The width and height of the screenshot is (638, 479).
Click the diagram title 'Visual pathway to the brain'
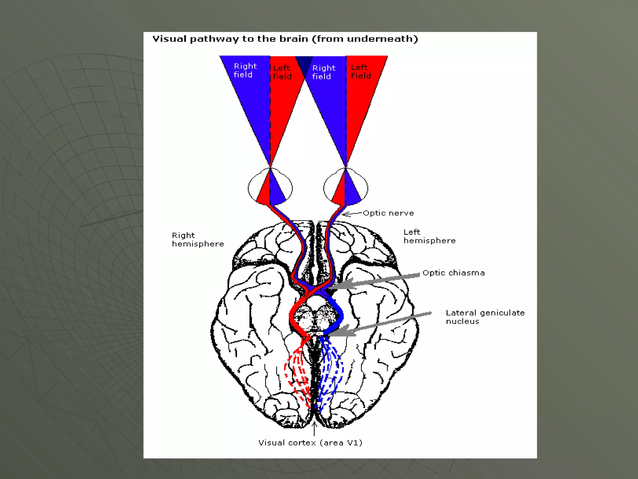pos(285,39)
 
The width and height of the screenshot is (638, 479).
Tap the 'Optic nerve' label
pos(388,213)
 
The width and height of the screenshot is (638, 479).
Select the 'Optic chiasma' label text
pos(454,273)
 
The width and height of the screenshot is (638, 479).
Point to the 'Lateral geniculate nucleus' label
pos(485,317)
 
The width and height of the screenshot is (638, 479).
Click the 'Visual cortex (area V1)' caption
pos(310,443)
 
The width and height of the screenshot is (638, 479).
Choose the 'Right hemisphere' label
pos(198,239)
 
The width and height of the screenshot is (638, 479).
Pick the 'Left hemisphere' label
pos(429,236)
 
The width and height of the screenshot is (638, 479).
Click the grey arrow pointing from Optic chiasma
pos(374,281)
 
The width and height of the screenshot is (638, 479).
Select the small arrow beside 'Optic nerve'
pos(351,214)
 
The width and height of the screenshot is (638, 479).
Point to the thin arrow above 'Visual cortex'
pos(314,429)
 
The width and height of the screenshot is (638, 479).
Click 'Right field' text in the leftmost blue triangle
pos(245,70)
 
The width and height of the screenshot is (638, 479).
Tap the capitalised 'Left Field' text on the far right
pos(361,72)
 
